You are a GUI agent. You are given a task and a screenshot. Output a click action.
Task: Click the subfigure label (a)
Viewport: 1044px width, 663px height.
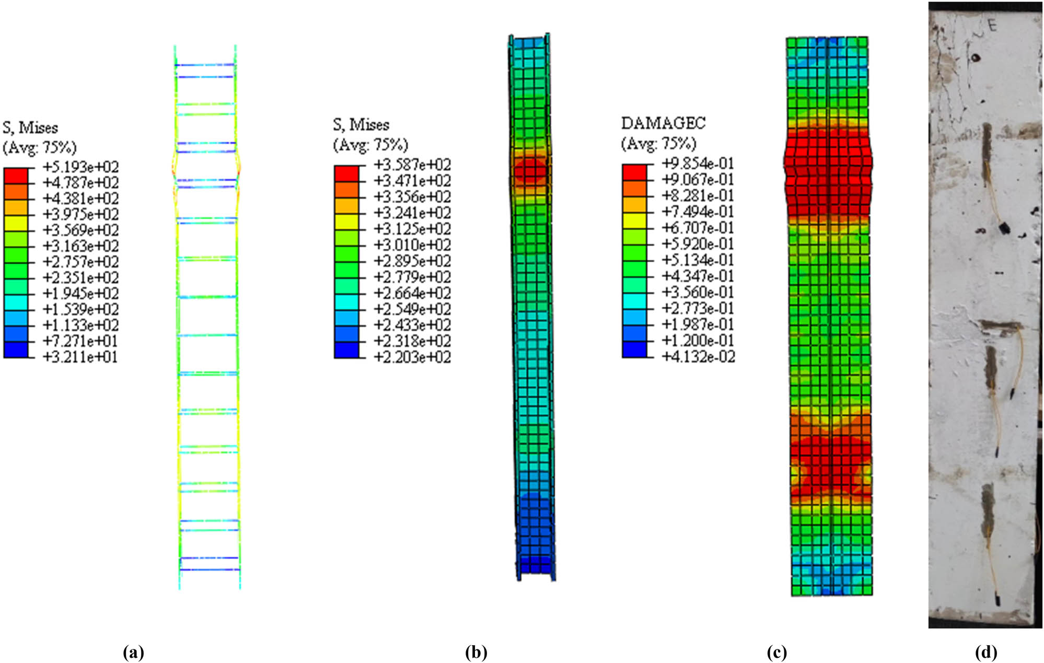point(133,652)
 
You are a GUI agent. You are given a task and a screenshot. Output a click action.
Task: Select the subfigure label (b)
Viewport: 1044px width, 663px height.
point(475,652)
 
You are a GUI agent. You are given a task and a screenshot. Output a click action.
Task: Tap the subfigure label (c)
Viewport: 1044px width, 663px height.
point(776,652)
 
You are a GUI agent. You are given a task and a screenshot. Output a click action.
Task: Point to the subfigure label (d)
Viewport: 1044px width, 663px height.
point(985,652)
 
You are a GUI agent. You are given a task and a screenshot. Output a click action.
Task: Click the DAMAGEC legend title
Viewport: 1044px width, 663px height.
point(663,123)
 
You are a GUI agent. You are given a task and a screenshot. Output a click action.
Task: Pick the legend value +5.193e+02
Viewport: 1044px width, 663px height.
point(80,167)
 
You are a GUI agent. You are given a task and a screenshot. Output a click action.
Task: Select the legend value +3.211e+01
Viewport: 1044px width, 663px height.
point(80,357)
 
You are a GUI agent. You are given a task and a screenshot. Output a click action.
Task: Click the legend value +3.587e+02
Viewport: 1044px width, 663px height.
point(412,165)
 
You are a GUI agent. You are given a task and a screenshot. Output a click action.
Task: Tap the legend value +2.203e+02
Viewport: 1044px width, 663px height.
point(412,357)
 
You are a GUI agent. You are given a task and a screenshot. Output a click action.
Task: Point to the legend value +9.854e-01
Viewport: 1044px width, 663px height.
point(698,164)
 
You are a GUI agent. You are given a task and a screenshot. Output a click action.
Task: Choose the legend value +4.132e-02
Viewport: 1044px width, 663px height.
point(698,357)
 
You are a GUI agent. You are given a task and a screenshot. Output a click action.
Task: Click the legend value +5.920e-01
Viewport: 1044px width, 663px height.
point(698,244)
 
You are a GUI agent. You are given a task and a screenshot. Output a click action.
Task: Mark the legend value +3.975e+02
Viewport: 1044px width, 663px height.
point(80,214)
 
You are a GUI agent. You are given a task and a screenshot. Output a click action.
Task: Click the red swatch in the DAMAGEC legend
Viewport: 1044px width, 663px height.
point(634,172)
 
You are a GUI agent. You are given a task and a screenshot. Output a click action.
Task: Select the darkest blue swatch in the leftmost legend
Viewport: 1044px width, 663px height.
point(16,350)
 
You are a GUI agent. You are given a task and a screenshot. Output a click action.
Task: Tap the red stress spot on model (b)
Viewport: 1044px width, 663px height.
point(530,170)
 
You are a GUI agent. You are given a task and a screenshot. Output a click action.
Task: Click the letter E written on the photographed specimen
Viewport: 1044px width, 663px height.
point(992,26)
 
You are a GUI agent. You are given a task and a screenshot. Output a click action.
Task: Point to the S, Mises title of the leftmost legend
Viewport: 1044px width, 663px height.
point(30,128)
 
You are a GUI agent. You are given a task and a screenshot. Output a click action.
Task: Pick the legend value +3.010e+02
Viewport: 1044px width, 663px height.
point(412,245)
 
